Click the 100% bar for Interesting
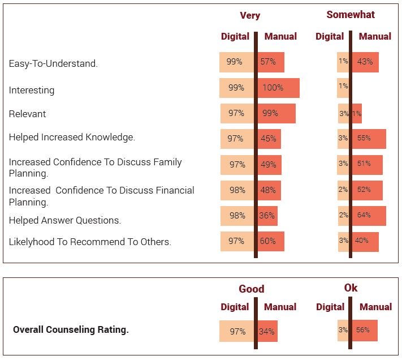[x=278, y=88]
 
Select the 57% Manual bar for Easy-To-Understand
[x=271, y=62]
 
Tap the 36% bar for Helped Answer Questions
[x=267, y=216]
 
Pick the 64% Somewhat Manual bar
[x=369, y=216]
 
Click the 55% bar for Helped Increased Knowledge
[x=369, y=139]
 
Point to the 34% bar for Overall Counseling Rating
[x=267, y=331]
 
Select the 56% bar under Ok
[x=365, y=330]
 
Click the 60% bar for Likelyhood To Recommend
[x=271, y=241]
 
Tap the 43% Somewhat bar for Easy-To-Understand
[x=365, y=62]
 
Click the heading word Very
[x=250, y=15]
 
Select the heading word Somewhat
[x=351, y=15]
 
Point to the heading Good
[x=251, y=289]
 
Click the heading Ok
[x=351, y=288]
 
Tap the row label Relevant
[x=27, y=114]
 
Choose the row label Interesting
[x=32, y=90]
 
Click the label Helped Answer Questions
[x=65, y=220]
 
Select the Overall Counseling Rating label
[x=71, y=329]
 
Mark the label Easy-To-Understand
[x=53, y=63]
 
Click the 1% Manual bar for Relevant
[x=357, y=113]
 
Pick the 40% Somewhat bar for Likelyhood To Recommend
[x=365, y=241]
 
